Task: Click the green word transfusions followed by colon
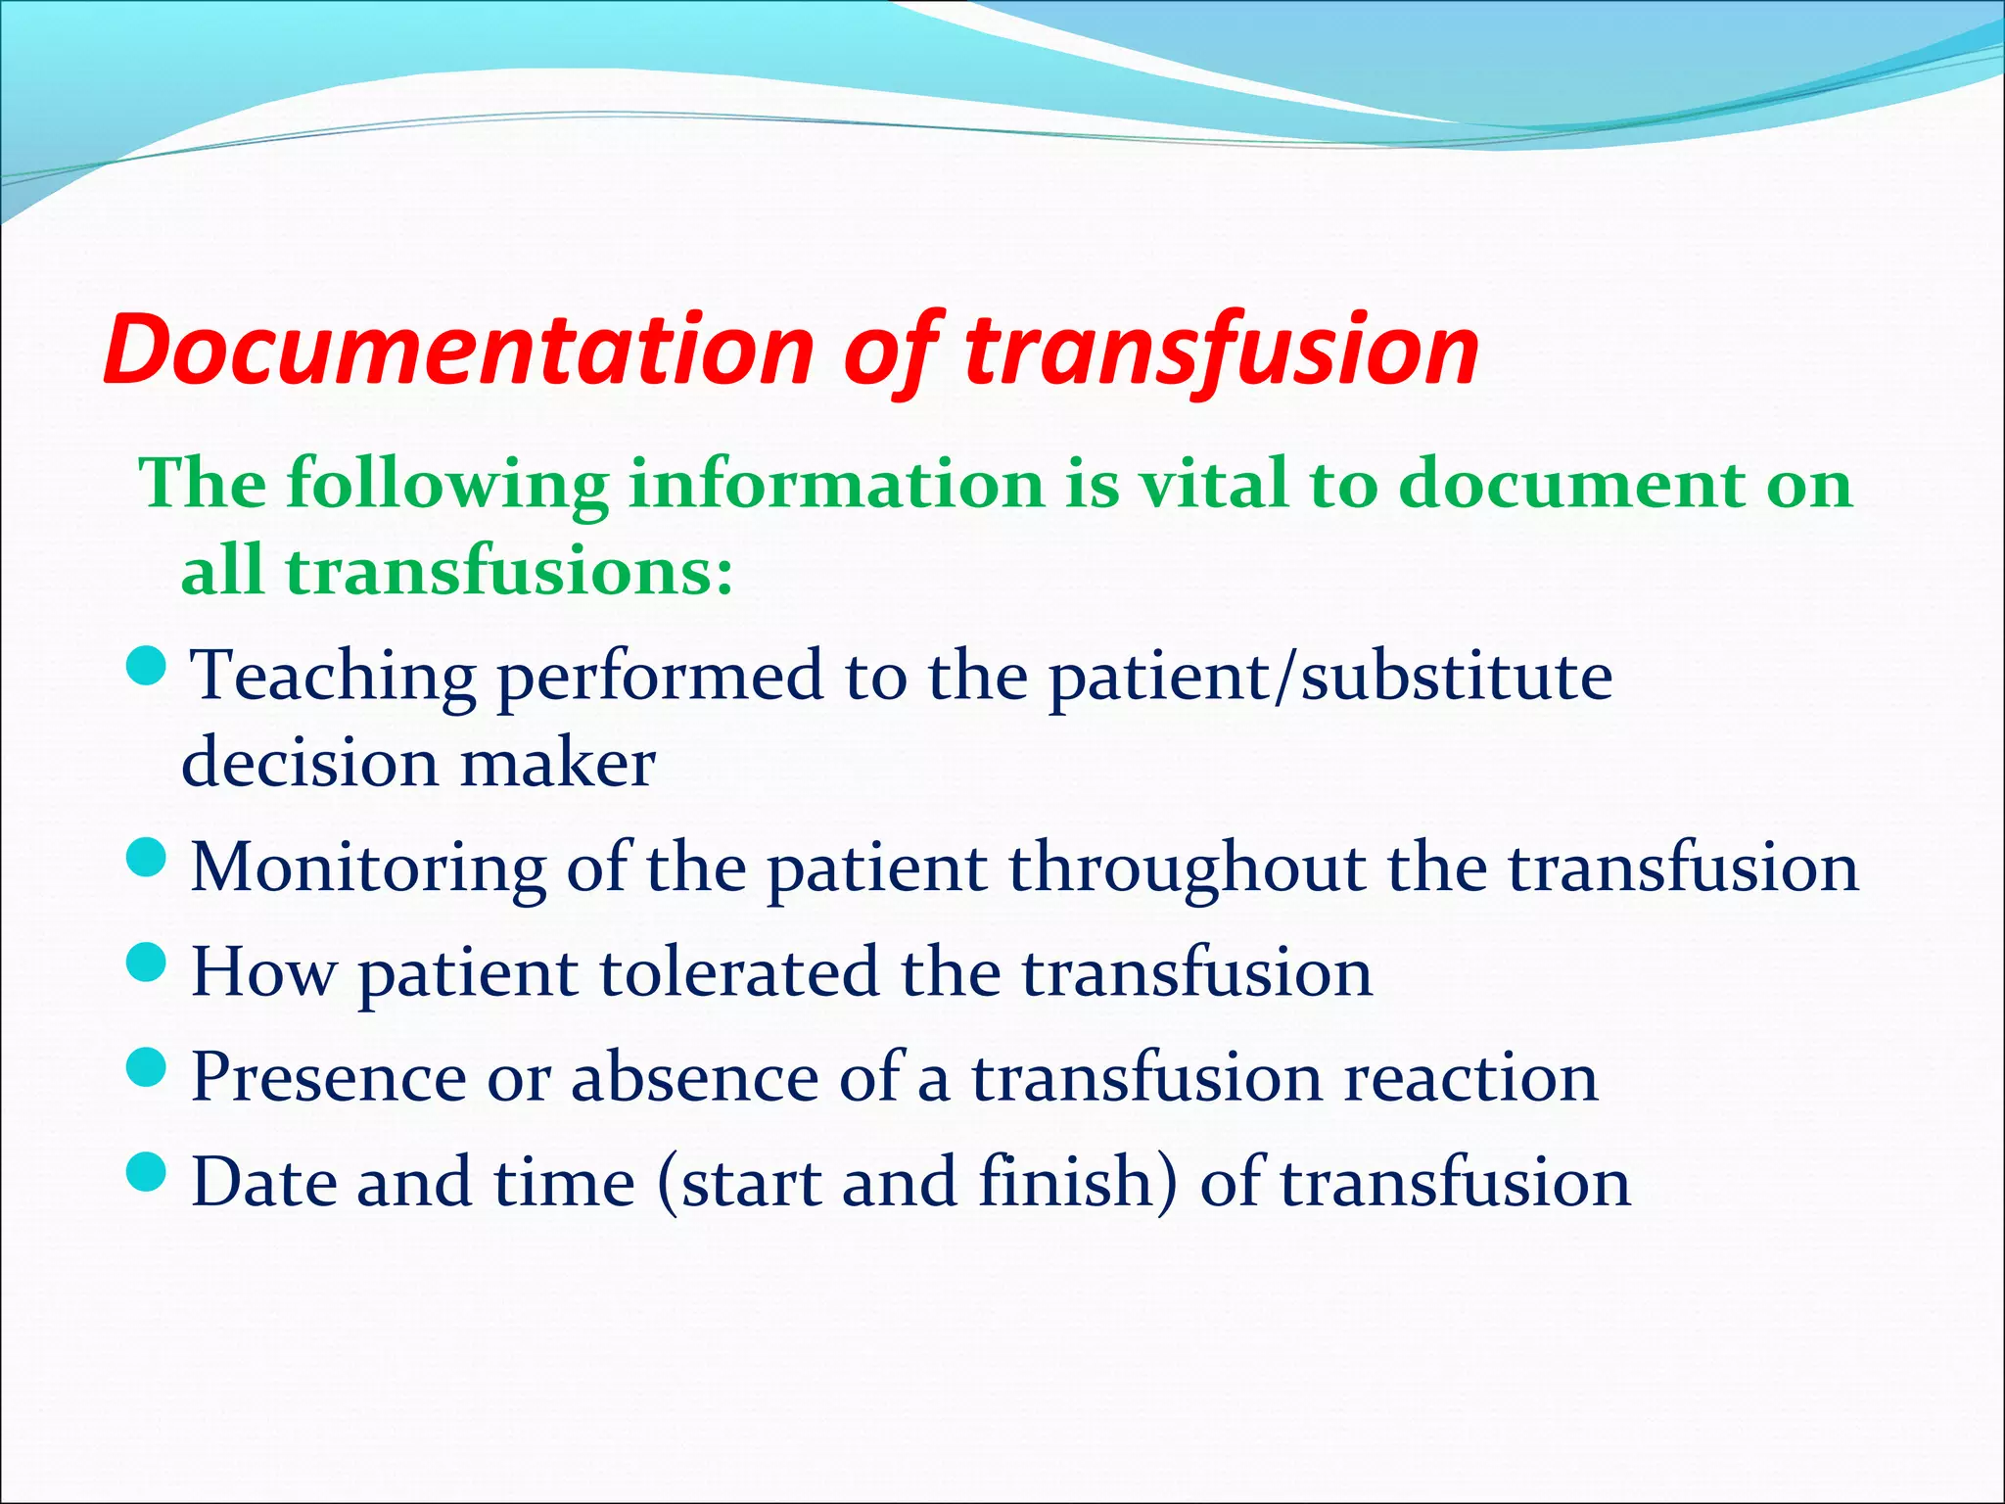coord(509,571)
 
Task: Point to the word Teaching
coord(334,678)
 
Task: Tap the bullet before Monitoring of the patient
coord(148,858)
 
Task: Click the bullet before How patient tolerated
coord(148,963)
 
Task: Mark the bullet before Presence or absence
coord(148,1067)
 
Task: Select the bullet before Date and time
coord(148,1172)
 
